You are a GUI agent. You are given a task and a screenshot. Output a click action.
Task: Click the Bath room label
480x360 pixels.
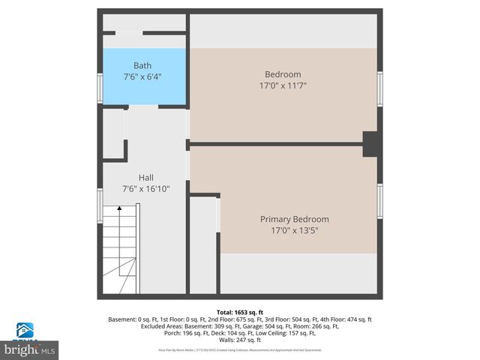pyautogui.click(x=142, y=65)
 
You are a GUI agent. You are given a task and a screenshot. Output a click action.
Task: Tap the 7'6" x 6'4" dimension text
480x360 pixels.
pyautogui.click(x=142, y=76)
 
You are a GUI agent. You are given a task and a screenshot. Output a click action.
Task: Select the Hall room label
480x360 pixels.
pyautogui.click(x=146, y=178)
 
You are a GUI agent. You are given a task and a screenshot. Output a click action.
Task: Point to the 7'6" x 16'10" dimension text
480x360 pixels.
pyautogui.click(x=146, y=189)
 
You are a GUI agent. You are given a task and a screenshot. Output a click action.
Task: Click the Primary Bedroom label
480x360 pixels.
pyautogui.click(x=294, y=219)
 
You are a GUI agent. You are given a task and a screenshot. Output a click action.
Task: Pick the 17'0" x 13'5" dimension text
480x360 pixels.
pyautogui.click(x=294, y=230)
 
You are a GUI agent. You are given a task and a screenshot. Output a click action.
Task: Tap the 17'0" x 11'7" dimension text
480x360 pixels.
pyautogui.click(x=283, y=85)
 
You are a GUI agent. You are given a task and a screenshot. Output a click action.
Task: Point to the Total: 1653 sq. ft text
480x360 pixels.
pyautogui.click(x=239, y=312)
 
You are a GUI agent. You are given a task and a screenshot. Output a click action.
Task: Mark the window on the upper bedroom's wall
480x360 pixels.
pyautogui.click(x=380, y=88)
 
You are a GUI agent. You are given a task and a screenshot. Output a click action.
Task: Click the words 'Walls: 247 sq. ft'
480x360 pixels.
pyautogui.click(x=238, y=340)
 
